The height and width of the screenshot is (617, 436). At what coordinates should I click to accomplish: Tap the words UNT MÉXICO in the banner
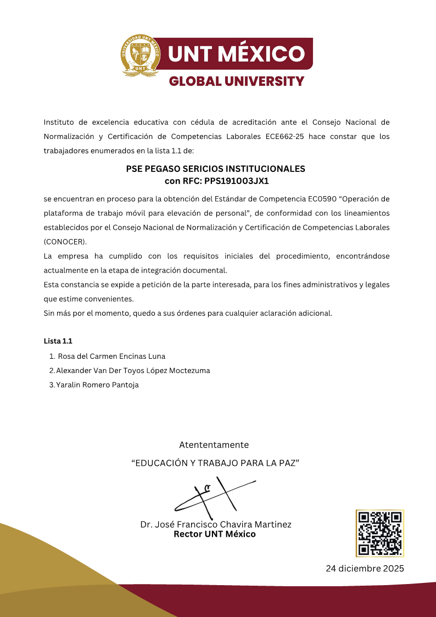[x=236, y=54]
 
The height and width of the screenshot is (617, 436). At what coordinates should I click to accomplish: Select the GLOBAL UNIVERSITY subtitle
[x=236, y=81]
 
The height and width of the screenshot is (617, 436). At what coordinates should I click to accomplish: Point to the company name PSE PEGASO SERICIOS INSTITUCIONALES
[x=216, y=169]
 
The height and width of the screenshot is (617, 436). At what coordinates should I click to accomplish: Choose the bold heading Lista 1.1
[x=58, y=341]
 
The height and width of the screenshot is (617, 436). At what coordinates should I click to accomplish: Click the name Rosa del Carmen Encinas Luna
[x=111, y=356]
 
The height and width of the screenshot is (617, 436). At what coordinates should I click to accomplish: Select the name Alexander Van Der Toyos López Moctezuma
[x=133, y=370]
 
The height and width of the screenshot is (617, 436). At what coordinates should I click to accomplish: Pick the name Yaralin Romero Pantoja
[x=97, y=385]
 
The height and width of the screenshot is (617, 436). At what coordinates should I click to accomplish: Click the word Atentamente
[x=214, y=444]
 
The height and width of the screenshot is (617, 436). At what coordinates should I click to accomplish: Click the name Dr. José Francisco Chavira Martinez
[x=216, y=524]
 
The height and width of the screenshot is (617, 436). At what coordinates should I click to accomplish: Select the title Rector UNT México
[x=215, y=533]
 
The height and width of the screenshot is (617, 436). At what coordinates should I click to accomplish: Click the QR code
[x=379, y=533]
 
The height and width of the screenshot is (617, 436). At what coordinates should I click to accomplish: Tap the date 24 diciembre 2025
[x=365, y=568]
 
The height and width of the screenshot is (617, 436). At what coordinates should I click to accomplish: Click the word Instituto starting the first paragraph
[x=58, y=122]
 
